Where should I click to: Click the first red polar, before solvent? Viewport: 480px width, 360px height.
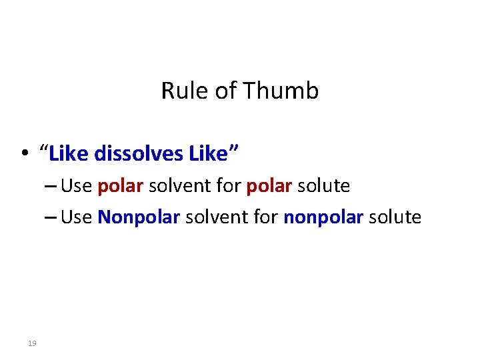pos(120,186)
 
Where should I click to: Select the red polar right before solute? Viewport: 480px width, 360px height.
pos(269,186)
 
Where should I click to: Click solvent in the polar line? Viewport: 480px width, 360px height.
pos(178,186)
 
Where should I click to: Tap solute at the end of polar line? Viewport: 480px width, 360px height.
pos(323,186)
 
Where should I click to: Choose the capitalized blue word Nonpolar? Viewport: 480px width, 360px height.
pos(139,217)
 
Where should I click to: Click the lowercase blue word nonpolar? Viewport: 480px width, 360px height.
pos(323,217)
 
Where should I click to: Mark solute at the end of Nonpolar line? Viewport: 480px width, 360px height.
pos(395,217)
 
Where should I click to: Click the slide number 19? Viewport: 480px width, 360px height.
pos(31,343)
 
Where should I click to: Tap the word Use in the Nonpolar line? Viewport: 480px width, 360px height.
pos(76,217)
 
